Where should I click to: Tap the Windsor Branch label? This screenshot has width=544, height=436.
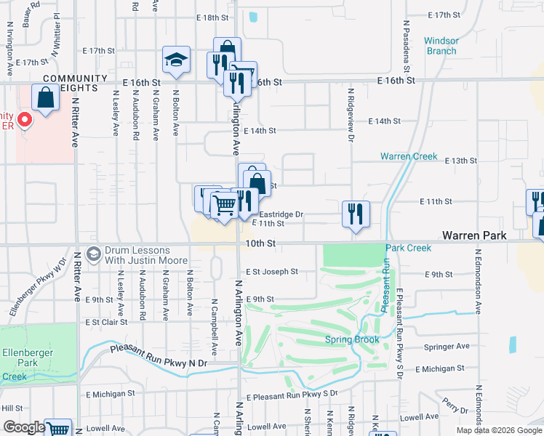click(x=441, y=46)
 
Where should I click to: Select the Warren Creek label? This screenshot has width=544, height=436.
click(x=408, y=156)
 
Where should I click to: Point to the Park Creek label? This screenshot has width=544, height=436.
click(x=408, y=248)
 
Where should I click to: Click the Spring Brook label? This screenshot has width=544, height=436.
click(x=352, y=339)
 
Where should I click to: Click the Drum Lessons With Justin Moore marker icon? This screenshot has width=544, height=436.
click(x=93, y=254)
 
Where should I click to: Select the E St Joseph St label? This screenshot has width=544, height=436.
click(x=271, y=272)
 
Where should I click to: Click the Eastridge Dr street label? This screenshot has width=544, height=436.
click(x=281, y=214)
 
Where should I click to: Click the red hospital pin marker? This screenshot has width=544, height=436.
click(x=24, y=118)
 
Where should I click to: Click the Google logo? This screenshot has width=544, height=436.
click(x=24, y=427)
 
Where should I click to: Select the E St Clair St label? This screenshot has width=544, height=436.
click(x=105, y=321)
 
